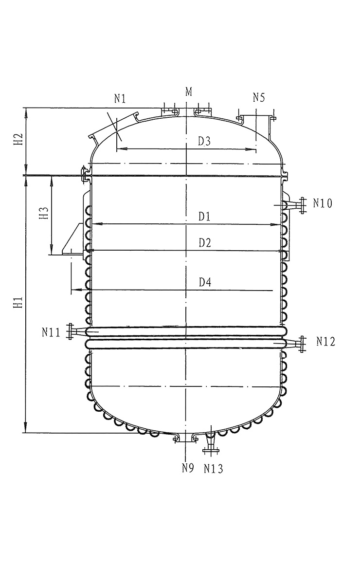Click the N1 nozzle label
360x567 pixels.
[x=120, y=98]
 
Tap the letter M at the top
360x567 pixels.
[x=189, y=92]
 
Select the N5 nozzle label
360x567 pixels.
[x=259, y=97]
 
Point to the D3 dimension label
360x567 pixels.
[x=204, y=141]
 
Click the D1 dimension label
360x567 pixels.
[x=204, y=216]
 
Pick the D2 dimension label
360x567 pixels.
[x=205, y=243]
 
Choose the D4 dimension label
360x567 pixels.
[x=205, y=282]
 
